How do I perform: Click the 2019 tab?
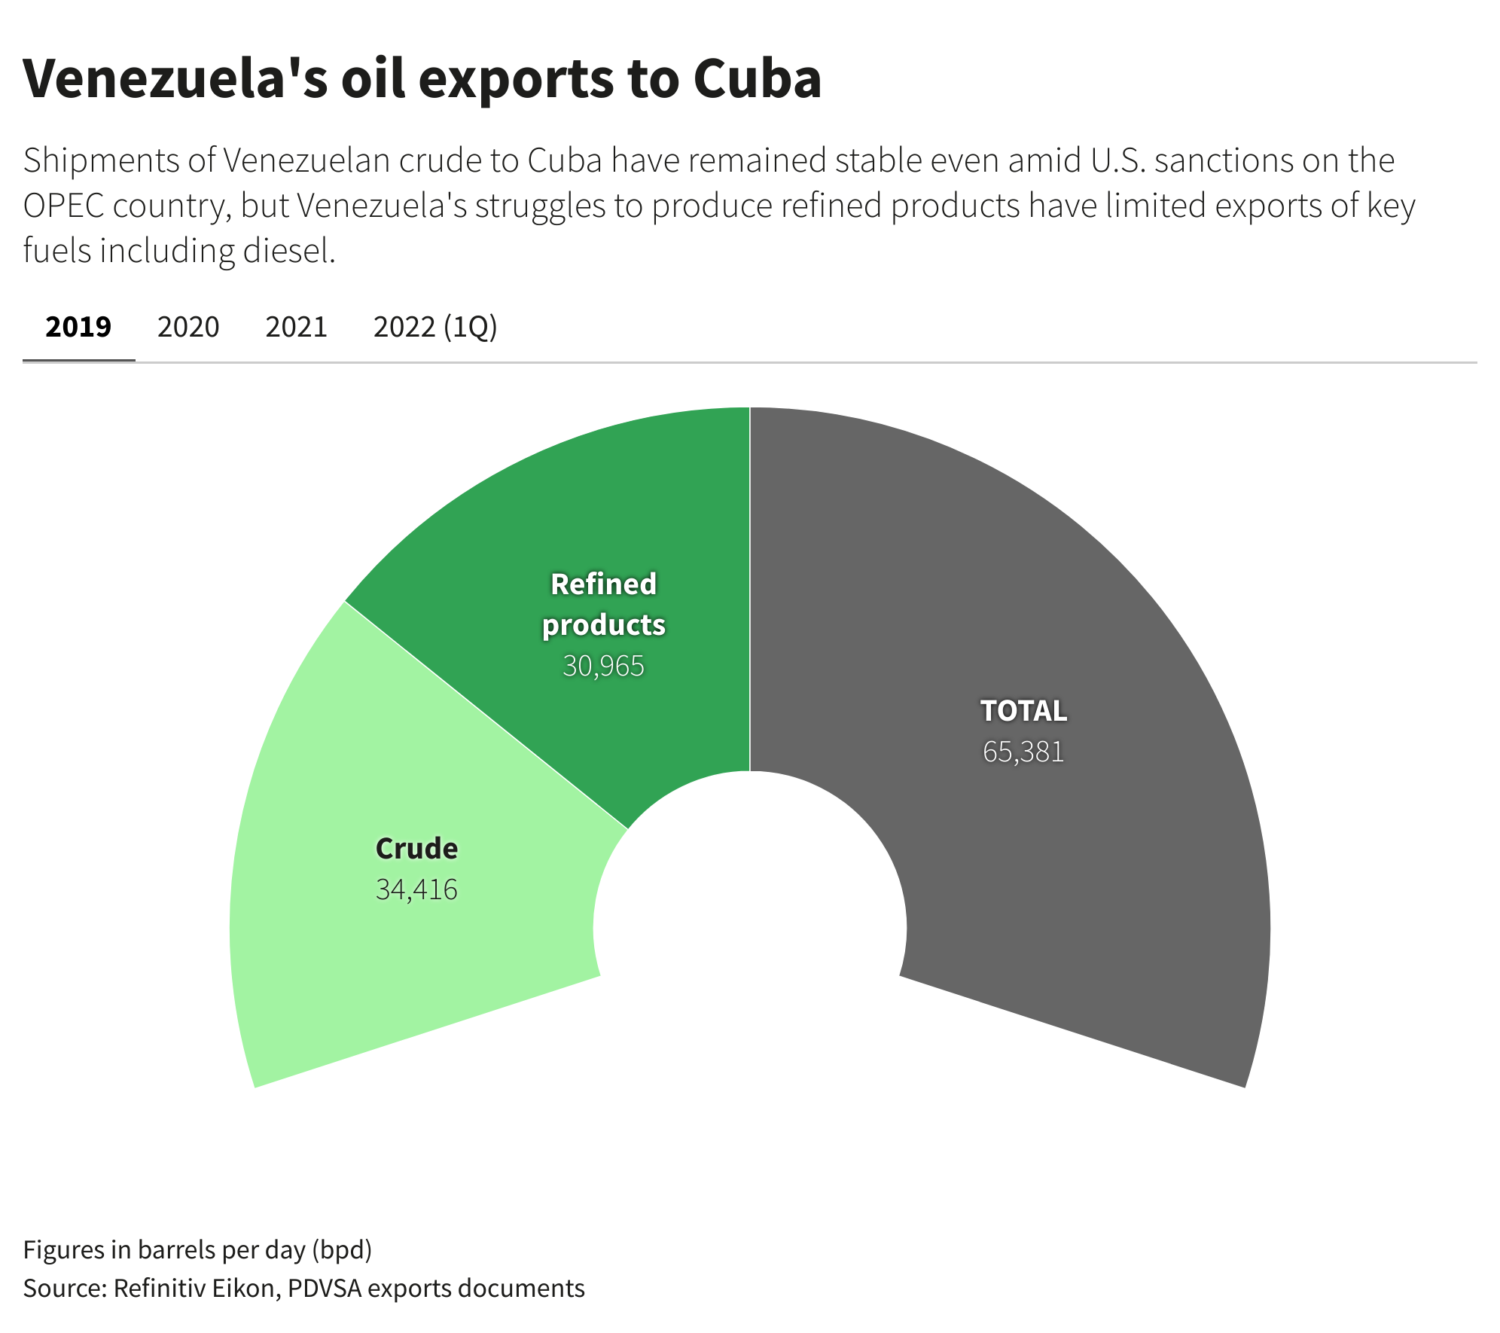point(78,327)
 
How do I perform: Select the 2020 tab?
point(188,327)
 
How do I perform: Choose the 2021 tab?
point(297,327)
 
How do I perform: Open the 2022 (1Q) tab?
point(435,327)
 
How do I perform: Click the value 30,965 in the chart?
point(603,666)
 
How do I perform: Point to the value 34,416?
point(416,889)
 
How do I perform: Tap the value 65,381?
point(1023,752)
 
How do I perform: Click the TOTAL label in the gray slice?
point(1023,711)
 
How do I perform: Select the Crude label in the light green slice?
point(416,849)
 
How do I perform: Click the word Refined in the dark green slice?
point(603,584)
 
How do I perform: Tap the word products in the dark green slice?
point(603,625)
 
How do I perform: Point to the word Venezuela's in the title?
point(175,78)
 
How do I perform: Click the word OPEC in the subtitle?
point(63,206)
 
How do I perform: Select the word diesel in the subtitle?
point(288,251)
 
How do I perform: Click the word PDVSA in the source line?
point(324,1288)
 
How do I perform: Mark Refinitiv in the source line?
point(158,1288)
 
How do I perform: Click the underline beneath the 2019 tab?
point(78,361)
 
